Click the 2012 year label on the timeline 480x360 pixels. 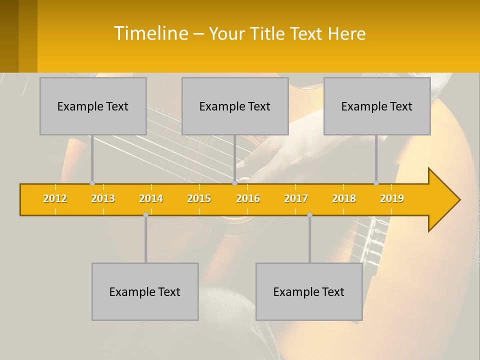pos(55,198)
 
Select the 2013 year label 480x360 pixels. pos(103,198)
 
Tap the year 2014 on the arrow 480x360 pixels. pos(151,198)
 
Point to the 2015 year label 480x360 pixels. pos(199,198)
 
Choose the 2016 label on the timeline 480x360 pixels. pos(248,198)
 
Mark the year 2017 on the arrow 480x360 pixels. pos(296,198)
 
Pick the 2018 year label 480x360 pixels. pos(344,198)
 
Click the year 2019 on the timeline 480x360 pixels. pos(392,198)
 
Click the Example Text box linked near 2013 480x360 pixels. pos(93,106)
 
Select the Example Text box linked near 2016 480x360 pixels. pos(235,106)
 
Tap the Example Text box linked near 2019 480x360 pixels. pos(377,106)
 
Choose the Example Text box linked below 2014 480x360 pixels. pos(145,291)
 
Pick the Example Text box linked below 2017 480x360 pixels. pos(309,291)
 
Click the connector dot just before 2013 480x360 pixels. pos(92,183)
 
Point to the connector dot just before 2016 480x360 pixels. pos(234,183)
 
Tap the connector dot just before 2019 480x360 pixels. pos(376,183)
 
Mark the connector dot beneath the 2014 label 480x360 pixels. pos(145,215)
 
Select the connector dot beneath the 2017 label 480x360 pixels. pos(309,215)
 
